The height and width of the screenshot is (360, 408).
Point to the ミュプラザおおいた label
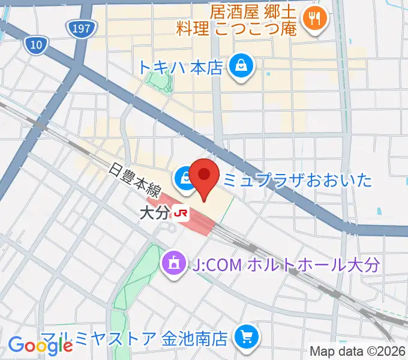click(x=298, y=179)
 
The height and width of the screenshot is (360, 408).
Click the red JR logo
click(x=180, y=212)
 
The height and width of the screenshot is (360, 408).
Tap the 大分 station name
click(x=154, y=212)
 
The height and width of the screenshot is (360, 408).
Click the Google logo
click(x=40, y=345)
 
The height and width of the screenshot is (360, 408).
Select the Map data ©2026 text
click(x=357, y=351)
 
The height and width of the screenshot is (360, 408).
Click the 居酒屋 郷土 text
click(x=245, y=11)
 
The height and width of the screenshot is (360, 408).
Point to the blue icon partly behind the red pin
click(x=186, y=178)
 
